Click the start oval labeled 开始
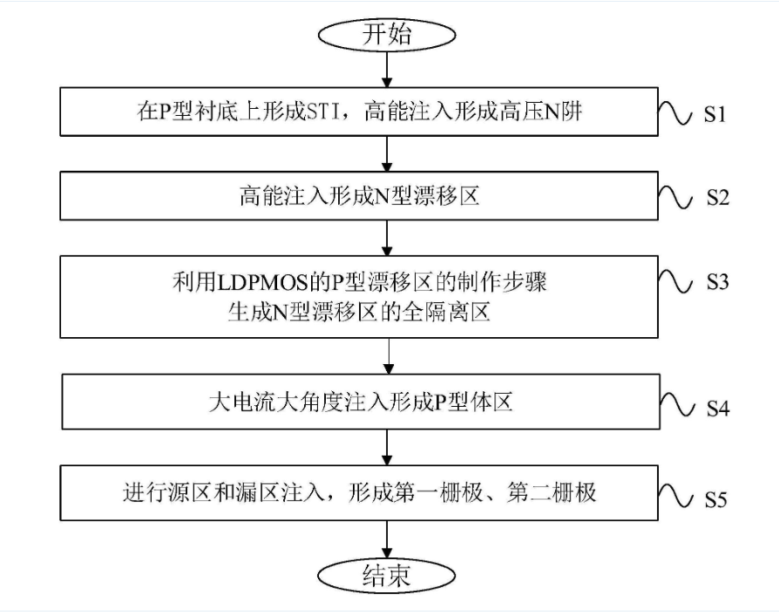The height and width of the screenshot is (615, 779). [388, 36]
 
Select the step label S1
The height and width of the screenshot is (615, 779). [717, 114]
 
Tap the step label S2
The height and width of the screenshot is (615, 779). [717, 198]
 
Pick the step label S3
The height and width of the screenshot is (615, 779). [717, 282]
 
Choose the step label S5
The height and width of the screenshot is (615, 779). [717, 500]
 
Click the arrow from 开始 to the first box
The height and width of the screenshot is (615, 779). [388, 70]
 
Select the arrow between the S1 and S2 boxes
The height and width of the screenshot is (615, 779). [388, 153]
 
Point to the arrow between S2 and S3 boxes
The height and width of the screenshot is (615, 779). [388, 237]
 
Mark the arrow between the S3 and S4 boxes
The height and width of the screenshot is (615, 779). [388, 355]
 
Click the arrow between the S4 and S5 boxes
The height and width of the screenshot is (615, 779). [388, 447]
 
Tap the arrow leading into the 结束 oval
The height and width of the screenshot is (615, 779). [388, 539]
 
